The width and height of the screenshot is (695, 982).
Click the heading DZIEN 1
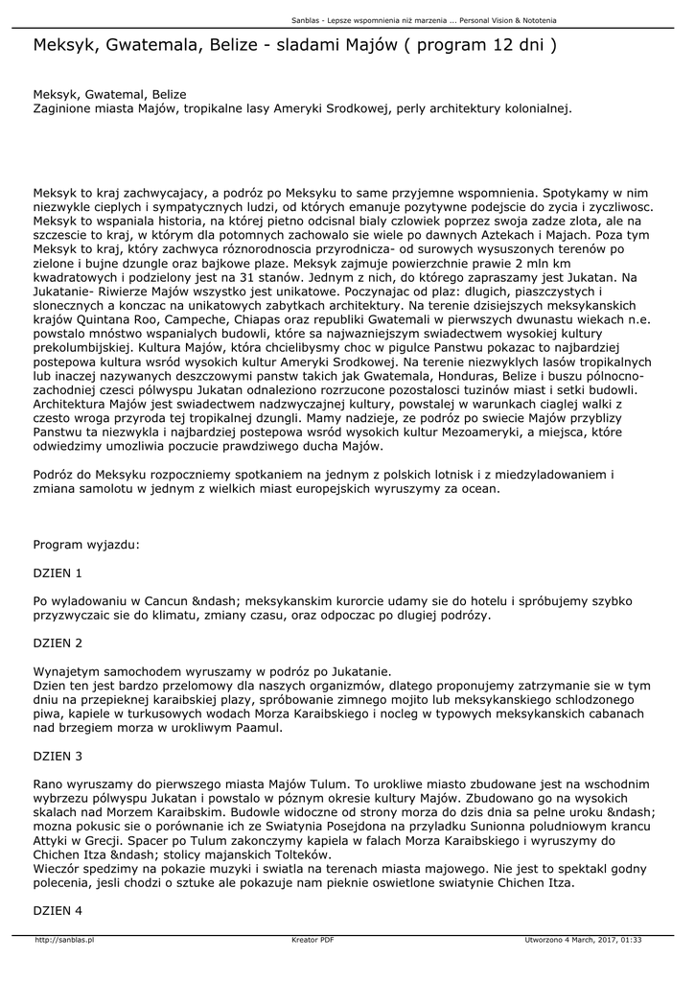pyautogui.click(x=58, y=573)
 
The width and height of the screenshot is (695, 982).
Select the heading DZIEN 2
pyautogui.click(x=58, y=643)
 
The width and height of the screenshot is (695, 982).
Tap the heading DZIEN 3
pyautogui.click(x=58, y=756)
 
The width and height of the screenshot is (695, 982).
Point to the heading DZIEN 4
pyautogui.click(x=58, y=909)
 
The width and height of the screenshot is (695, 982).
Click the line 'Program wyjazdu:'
pyautogui.click(x=86, y=544)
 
